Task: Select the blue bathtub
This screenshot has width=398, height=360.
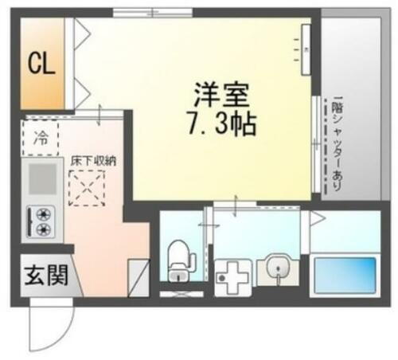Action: [345, 275]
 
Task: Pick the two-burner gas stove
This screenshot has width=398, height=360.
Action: [41, 221]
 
